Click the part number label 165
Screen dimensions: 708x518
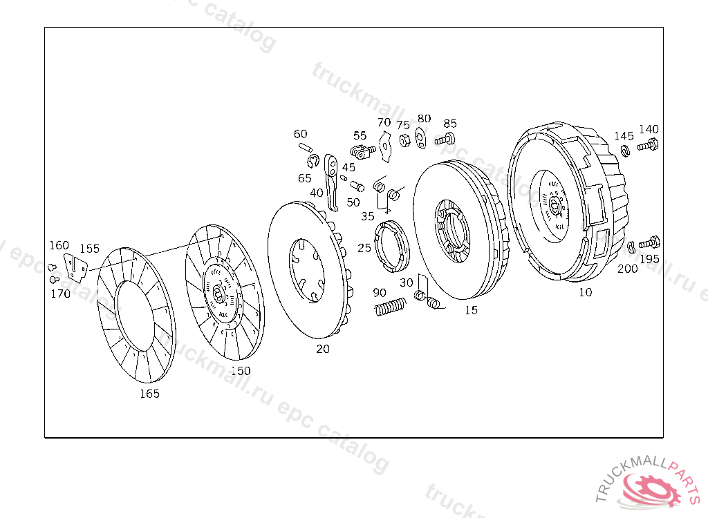point(149,394)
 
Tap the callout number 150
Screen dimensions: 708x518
point(241,371)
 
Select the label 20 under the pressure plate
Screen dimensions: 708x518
point(323,349)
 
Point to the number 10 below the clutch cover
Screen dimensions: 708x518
point(585,292)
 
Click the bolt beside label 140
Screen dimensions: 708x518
point(648,145)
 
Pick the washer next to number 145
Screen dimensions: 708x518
point(625,151)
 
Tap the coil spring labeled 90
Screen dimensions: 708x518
point(390,307)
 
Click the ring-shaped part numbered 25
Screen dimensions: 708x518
point(391,247)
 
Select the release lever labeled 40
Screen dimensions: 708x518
point(331,182)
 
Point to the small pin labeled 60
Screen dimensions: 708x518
point(305,146)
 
